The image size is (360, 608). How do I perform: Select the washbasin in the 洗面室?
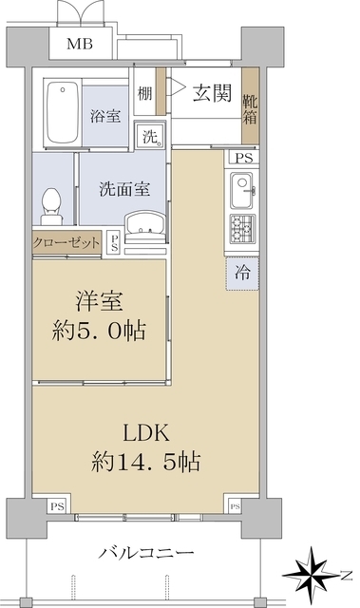click(x=144, y=224)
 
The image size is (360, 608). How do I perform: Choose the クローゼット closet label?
click(x=66, y=243)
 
